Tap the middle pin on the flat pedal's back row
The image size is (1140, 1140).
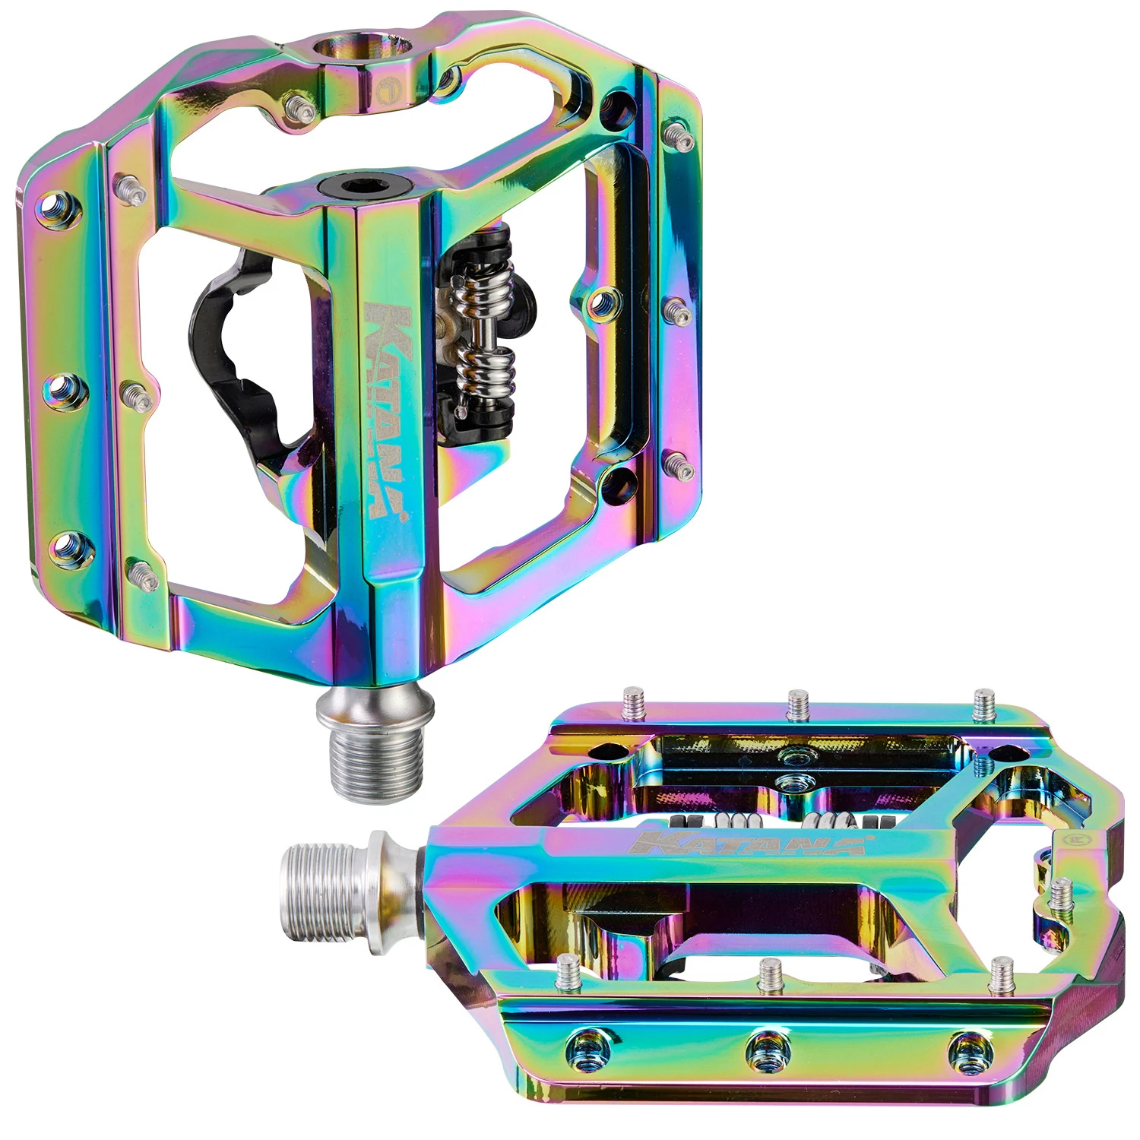coord(798,705)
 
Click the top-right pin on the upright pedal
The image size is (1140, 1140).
coord(679,135)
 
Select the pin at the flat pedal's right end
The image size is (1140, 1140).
coord(1061,894)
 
